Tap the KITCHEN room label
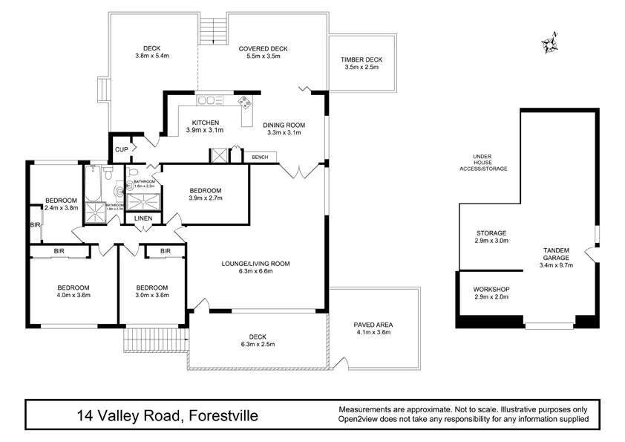pyautogui.click(x=205, y=123)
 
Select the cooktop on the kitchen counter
pyautogui.click(x=243, y=103)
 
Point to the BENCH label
pyautogui.click(x=260, y=157)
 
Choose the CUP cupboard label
pyautogui.click(x=120, y=150)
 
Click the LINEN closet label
pyautogui.click(x=143, y=218)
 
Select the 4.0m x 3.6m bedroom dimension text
pyautogui.click(x=73, y=296)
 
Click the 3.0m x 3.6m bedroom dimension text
pyautogui.click(x=151, y=296)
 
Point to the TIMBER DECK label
pyautogui.click(x=361, y=59)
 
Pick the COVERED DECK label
pyautogui.click(x=263, y=48)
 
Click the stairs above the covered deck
pyautogui.click(x=213, y=30)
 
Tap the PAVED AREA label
pyautogui.click(x=373, y=325)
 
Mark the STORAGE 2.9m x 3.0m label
pyautogui.click(x=491, y=237)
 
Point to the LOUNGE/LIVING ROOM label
pyautogui.click(x=255, y=264)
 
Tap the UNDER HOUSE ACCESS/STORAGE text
pyautogui.click(x=483, y=163)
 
